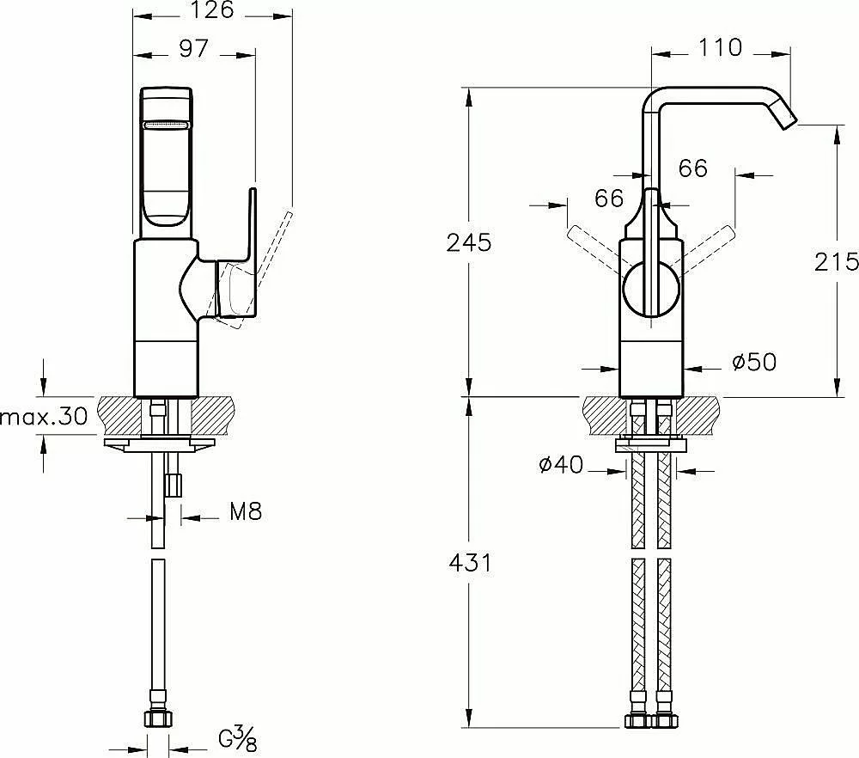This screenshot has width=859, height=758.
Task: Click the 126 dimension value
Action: [x=212, y=9]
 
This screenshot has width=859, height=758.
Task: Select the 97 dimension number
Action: [x=194, y=49]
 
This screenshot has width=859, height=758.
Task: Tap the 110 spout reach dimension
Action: [x=720, y=47]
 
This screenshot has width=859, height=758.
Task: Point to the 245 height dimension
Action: [x=469, y=242]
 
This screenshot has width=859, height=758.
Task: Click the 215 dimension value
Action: [x=836, y=261]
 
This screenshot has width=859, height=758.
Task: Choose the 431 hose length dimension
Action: [x=470, y=563]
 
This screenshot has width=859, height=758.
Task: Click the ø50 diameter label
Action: [x=754, y=362]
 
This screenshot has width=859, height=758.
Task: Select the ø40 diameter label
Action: [x=561, y=465]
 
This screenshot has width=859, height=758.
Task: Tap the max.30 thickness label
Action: [x=44, y=417]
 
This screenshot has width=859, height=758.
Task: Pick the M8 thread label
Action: [x=246, y=512]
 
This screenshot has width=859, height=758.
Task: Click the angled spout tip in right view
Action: [x=787, y=117]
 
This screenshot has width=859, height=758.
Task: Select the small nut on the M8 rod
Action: [x=174, y=485]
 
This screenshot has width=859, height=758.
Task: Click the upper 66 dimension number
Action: [x=692, y=168]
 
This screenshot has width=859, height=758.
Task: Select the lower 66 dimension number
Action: [x=609, y=198]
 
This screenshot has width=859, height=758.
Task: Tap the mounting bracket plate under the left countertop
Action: [x=158, y=444]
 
